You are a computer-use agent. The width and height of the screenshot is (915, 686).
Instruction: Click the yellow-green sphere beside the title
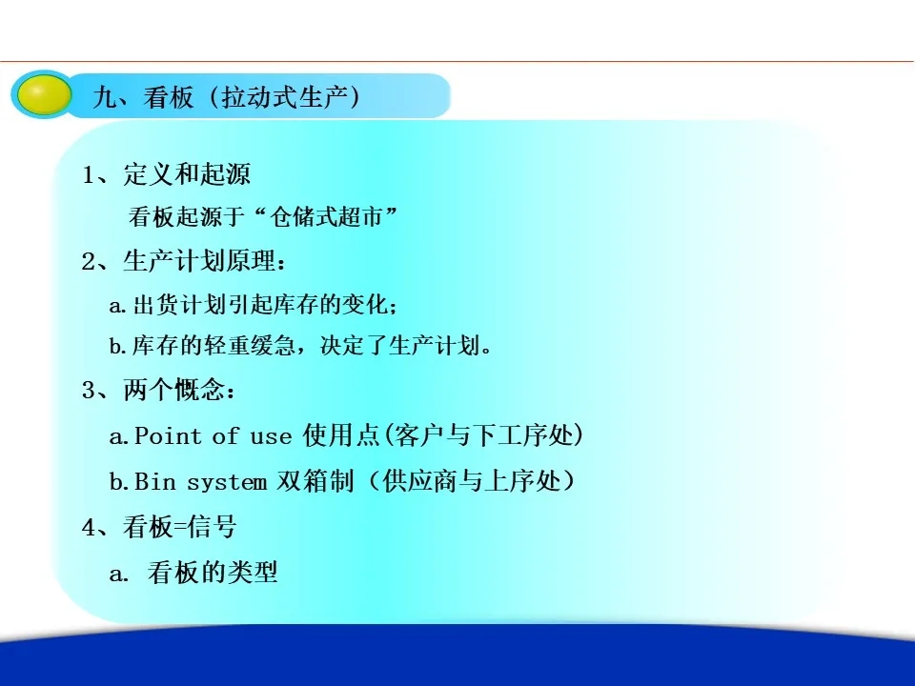[43, 95]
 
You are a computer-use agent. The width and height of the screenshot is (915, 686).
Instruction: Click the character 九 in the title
[105, 97]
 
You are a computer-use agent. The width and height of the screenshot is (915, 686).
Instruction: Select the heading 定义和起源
[187, 174]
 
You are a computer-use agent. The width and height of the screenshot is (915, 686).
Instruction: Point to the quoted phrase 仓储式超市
[325, 217]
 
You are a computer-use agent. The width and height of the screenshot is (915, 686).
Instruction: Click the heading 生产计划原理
[199, 261]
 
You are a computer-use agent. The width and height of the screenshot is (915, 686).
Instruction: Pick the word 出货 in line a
[155, 305]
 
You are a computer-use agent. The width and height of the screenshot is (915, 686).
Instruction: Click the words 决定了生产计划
[399, 346]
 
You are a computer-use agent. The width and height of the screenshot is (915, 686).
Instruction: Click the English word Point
[168, 435]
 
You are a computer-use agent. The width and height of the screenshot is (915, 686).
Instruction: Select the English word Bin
[154, 482]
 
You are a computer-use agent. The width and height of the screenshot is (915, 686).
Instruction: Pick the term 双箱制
[315, 481]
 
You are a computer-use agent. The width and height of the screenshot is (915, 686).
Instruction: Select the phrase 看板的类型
[213, 573]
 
